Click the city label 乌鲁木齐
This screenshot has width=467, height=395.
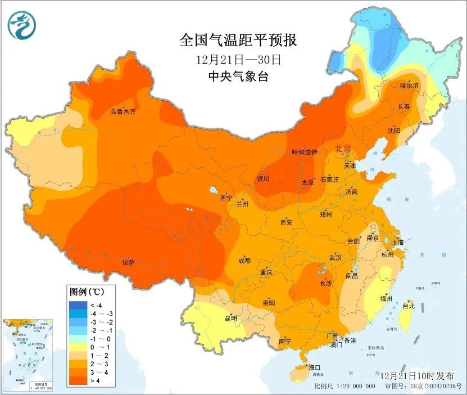coord(123,112)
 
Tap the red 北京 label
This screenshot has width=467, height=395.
coord(343,149)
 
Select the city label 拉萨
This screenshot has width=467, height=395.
coord(128,262)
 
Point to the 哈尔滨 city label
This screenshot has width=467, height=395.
coord(410,86)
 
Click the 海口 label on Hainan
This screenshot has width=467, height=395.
coord(315,367)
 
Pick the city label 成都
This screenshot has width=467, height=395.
coord(244,261)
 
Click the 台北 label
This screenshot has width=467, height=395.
coord(409,306)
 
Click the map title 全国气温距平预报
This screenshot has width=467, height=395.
coord(238,40)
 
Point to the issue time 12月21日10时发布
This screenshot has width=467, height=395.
coord(412,375)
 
